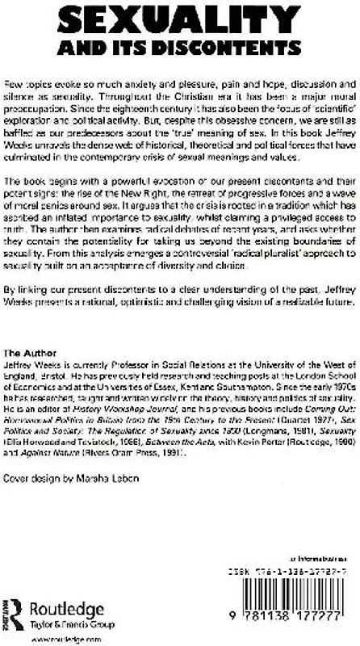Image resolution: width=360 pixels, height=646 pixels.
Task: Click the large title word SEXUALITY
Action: coord(180,19)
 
